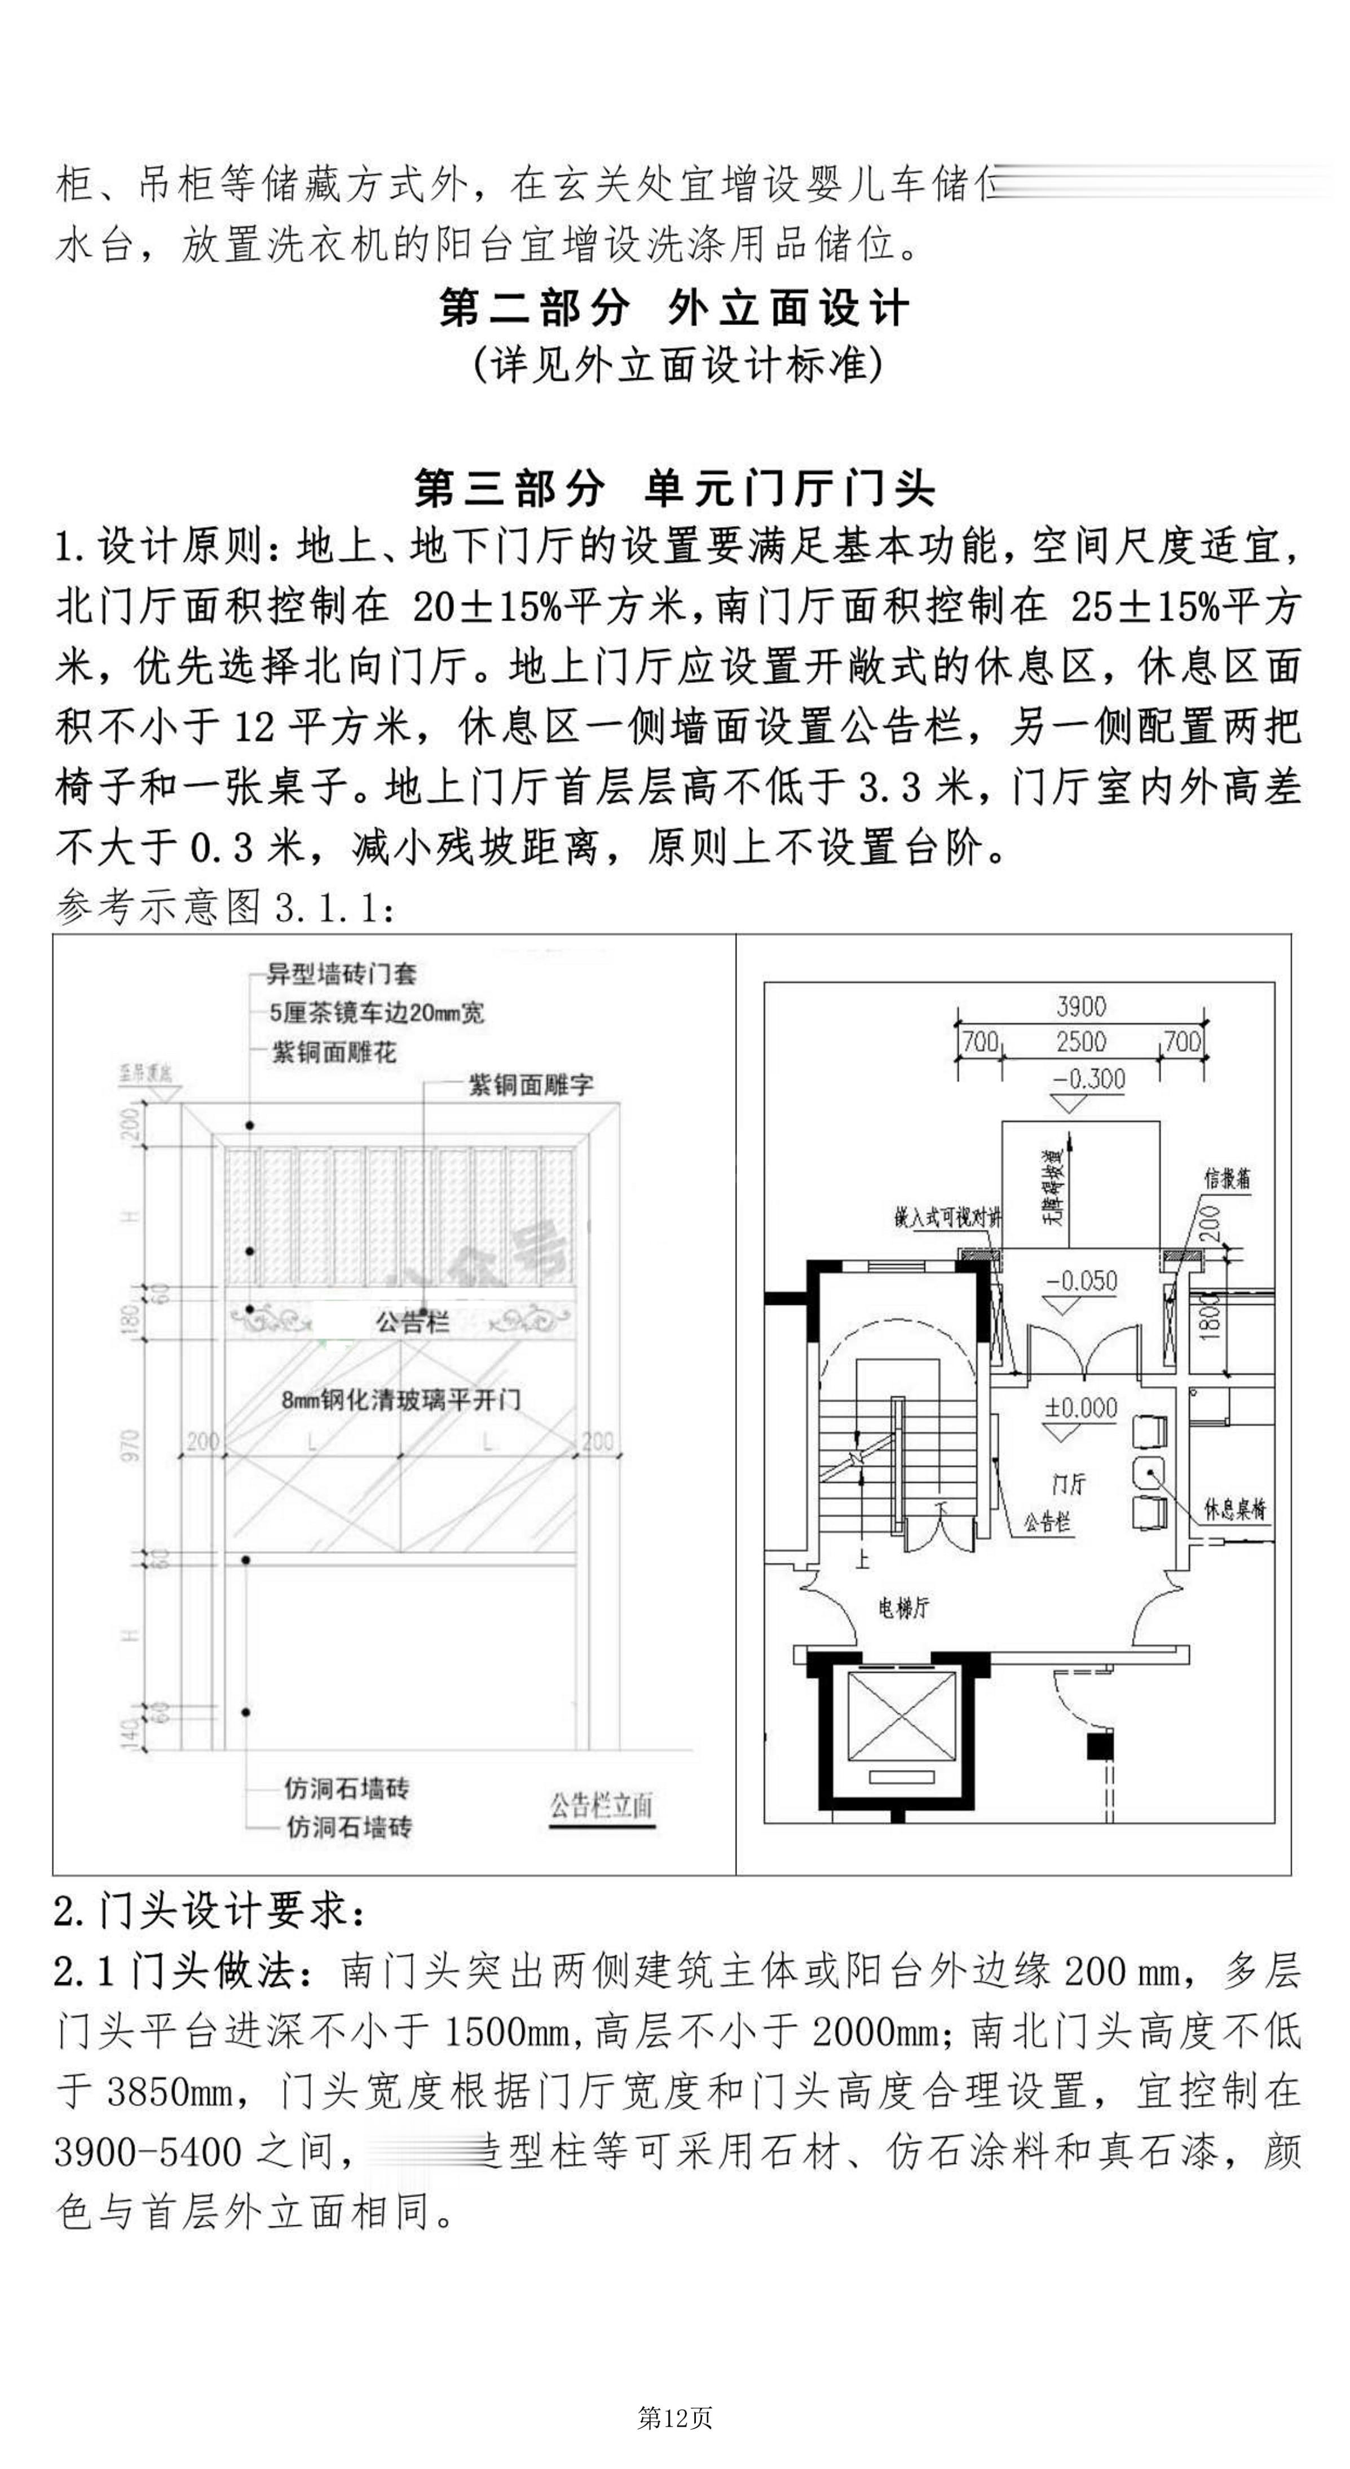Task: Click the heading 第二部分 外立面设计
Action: click(x=673, y=308)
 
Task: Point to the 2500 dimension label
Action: click(x=1081, y=1042)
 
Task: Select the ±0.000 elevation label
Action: click(x=1081, y=1408)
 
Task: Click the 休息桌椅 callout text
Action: click(x=1235, y=1510)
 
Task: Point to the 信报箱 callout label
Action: click(x=1228, y=1178)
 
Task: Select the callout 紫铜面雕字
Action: click(x=530, y=1085)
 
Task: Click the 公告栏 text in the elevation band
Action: click(x=412, y=1322)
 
